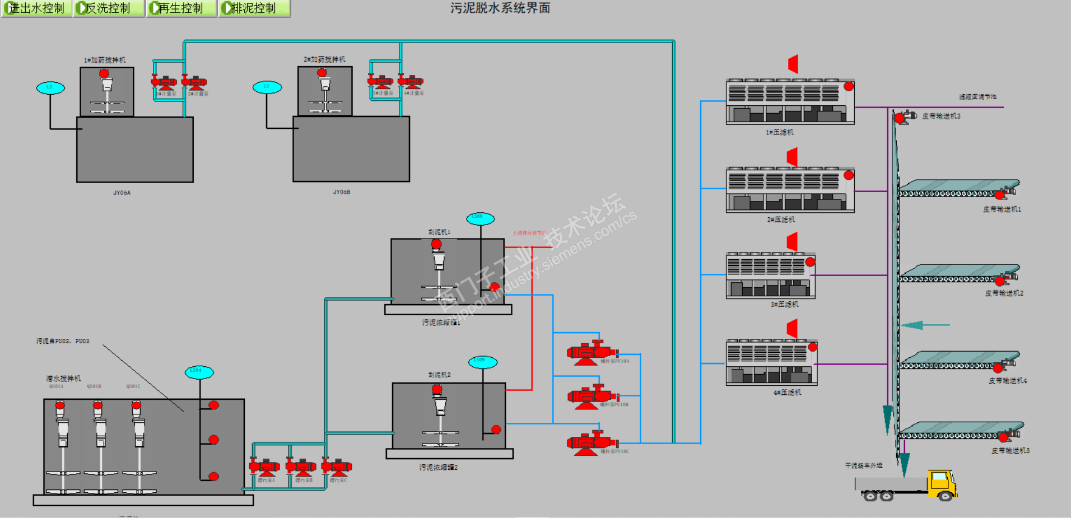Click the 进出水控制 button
[x=36, y=8]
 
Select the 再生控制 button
[x=181, y=8]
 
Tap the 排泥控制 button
[x=254, y=8]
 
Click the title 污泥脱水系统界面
[x=500, y=8]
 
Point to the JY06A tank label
[x=122, y=193]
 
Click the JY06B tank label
[x=341, y=192]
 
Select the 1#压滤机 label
[x=780, y=132]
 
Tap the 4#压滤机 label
[x=787, y=393]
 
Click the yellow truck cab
[x=942, y=483]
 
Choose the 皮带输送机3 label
[x=941, y=116]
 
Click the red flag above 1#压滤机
[x=793, y=64]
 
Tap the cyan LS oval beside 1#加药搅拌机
[x=50, y=87]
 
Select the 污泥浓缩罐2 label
[x=439, y=467]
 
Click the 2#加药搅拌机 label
[x=324, y=59]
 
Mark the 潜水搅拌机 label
[x=63, y=379]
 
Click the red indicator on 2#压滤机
[x=849, y=175]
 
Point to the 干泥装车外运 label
[x=863, y=465]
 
